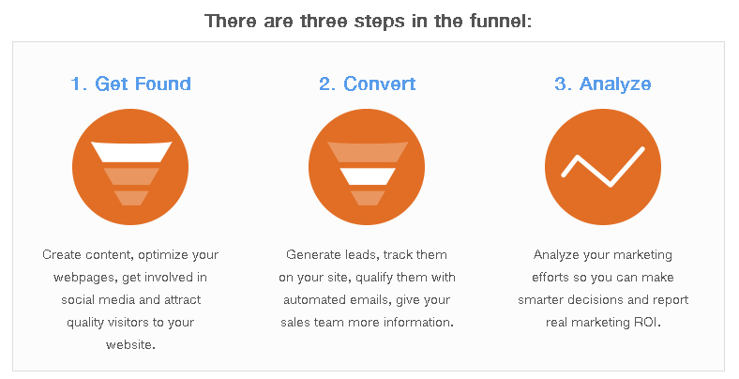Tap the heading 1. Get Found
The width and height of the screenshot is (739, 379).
pos(130,83)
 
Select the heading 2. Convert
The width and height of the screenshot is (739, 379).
pos(367,83)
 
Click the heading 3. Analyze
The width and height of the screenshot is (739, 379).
pos(603,84)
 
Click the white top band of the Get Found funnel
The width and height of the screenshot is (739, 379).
pos(131,152)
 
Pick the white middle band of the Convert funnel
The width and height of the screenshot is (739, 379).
pos(367,176)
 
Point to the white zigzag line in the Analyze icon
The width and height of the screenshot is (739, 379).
pos(603,167)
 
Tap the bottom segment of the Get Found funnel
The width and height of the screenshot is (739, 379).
pos(131,198)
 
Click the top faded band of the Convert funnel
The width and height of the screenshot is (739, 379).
pos(367,152)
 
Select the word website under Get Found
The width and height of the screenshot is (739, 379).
pos(129,344)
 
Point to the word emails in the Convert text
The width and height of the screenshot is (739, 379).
pos(371,300)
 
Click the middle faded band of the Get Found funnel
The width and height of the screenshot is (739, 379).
pos(131,176)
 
